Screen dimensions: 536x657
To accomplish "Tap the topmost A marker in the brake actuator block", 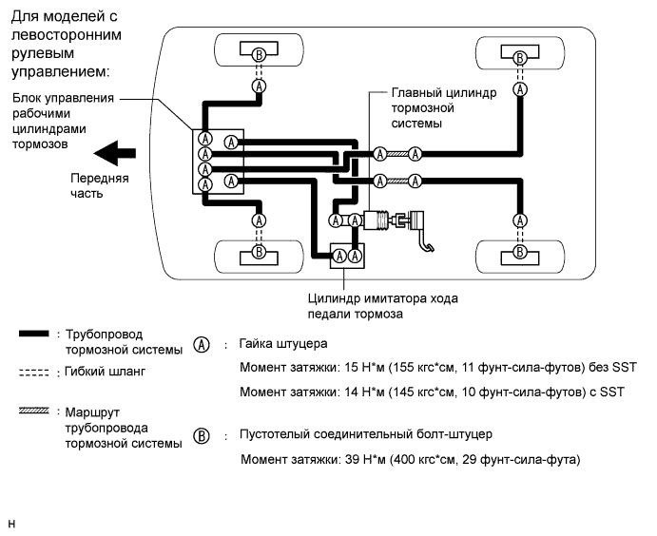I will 204,138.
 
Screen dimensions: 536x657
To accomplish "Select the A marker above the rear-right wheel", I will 519,220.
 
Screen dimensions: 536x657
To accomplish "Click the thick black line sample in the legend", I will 32,335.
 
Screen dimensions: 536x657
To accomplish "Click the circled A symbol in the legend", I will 201,344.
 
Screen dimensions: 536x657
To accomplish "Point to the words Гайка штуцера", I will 283,343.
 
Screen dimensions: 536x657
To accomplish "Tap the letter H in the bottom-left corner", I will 10,522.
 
